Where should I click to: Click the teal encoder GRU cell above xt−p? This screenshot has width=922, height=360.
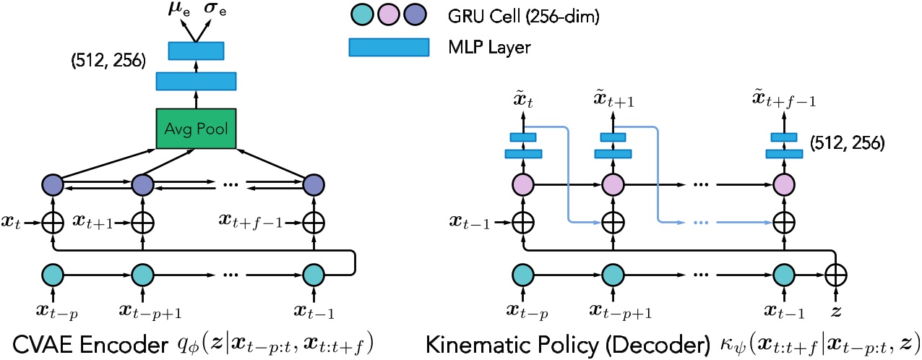pos(55,275)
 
